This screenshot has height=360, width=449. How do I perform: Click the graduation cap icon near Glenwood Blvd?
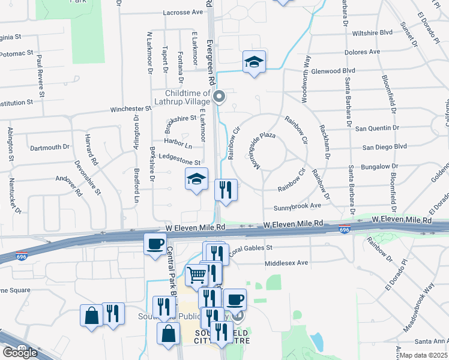point(255,62)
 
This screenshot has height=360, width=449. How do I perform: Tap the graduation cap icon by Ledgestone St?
point(196,179)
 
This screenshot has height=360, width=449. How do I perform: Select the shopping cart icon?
point(196,275)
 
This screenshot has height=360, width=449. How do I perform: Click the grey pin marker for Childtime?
point(219,96)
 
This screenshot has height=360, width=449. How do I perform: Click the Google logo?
point(20,352)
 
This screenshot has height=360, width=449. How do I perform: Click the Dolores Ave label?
point(363,52)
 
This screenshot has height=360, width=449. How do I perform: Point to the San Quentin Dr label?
point(376,128)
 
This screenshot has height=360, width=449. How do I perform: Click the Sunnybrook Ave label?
point(298,206)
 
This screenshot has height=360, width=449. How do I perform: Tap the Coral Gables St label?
point(250,247)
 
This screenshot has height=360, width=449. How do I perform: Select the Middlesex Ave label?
point(286,263)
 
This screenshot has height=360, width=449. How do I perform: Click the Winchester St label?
point(130,109)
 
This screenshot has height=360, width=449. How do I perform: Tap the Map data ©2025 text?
point(423,355)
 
